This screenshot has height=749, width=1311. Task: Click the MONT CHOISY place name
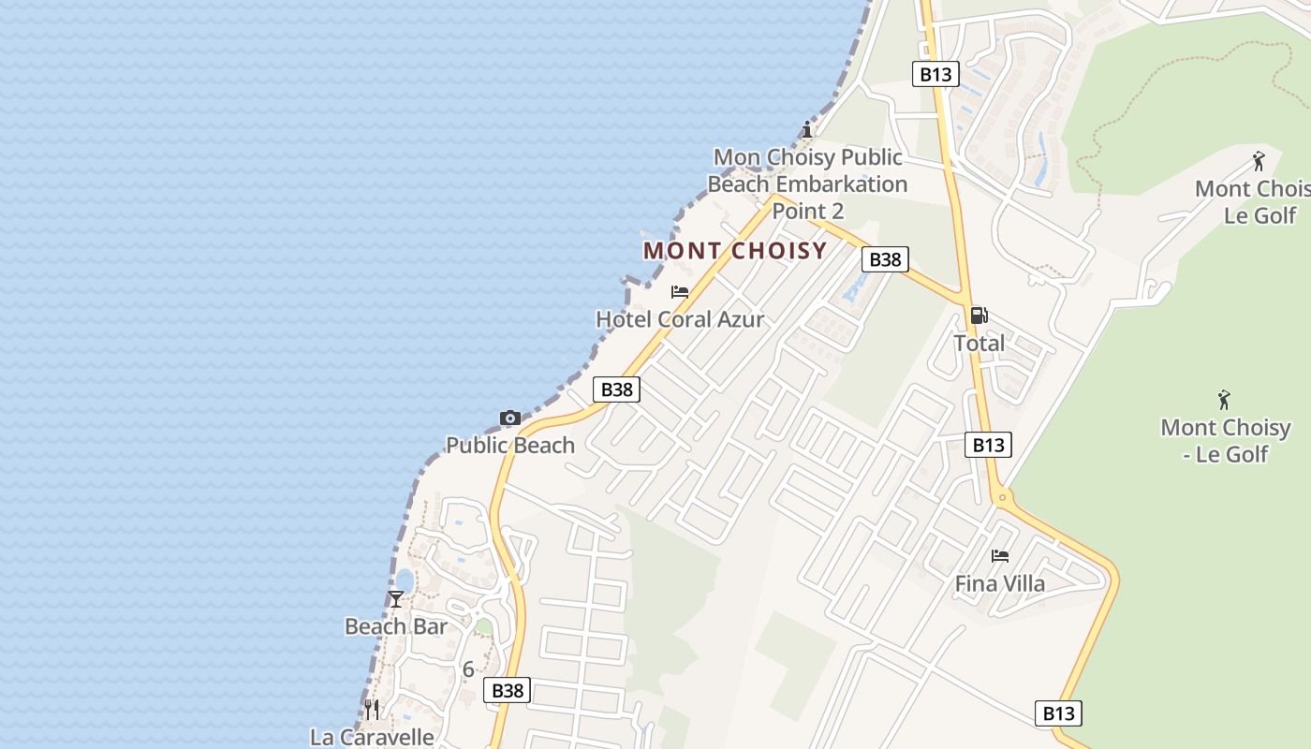point(735,251)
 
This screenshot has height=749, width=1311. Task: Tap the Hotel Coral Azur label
point(680,319)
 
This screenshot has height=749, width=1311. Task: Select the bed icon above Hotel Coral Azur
point(680,292)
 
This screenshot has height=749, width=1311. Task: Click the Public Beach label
point(510,445)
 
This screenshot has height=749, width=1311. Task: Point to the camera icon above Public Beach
point(510,418)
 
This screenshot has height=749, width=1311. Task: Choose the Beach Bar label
point(396,626)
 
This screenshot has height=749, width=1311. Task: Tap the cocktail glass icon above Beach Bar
point(396,599)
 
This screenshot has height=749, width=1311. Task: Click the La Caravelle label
point(372,737)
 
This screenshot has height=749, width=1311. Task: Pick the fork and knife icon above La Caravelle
point(372,710)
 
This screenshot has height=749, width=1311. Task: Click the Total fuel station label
point(980,344)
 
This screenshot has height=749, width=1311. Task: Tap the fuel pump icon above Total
point(980,316)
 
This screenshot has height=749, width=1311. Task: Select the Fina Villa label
point(1000,583)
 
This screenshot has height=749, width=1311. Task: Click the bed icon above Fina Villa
point(1000,556)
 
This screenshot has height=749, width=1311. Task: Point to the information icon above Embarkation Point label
point(807,129)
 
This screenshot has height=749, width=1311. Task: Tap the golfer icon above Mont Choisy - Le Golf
point(1224,401)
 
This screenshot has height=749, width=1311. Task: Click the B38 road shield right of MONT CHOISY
point(885,259)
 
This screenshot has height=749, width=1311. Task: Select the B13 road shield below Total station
point(988,445)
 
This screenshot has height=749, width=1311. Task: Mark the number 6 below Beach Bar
point(468,669)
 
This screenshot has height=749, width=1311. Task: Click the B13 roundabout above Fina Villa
point(1002,497)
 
